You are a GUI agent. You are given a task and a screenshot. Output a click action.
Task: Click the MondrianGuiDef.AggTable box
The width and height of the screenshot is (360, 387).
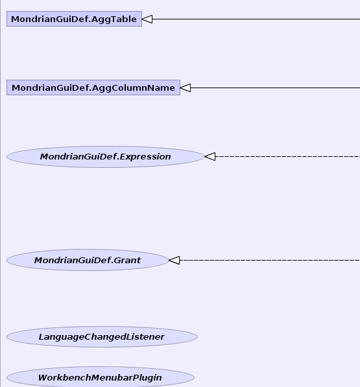[74, 19]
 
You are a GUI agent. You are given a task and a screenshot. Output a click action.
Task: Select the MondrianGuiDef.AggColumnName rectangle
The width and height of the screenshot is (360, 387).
[93, 88]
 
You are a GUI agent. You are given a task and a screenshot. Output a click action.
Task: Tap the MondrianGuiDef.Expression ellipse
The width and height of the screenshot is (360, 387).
[106, 157]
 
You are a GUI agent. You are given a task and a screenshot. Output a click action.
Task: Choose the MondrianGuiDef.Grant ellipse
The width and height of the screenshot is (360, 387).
[88, 260]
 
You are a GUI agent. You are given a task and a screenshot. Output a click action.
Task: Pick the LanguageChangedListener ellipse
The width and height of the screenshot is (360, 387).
[102, 336]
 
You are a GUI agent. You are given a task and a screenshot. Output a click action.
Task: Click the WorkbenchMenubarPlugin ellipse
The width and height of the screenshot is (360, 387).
[101, 377]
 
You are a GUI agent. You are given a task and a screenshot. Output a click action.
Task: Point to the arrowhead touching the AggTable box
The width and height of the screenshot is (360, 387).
[147, 19]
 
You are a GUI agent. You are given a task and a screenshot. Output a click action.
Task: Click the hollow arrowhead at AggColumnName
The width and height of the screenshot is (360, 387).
[186, 88]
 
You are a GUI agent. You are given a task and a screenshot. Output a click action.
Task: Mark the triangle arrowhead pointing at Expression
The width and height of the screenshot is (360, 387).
[210, 156]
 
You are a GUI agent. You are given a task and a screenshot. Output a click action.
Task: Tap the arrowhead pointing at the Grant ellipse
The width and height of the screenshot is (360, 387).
[174, 260]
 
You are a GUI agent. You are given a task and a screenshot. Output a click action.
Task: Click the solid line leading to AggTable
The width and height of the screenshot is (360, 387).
[256, 19]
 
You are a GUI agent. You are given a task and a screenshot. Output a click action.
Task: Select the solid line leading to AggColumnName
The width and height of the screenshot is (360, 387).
[275, 88]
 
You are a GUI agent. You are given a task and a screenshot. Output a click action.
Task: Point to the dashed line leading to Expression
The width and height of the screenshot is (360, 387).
[287, 156]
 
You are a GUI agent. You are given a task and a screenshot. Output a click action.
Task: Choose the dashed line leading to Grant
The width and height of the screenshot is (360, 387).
[270, 260]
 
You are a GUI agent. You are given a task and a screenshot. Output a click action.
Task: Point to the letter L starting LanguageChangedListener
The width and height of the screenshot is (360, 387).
[42, 336]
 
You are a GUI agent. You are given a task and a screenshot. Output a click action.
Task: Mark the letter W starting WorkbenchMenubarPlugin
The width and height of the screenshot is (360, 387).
[43, 377]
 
